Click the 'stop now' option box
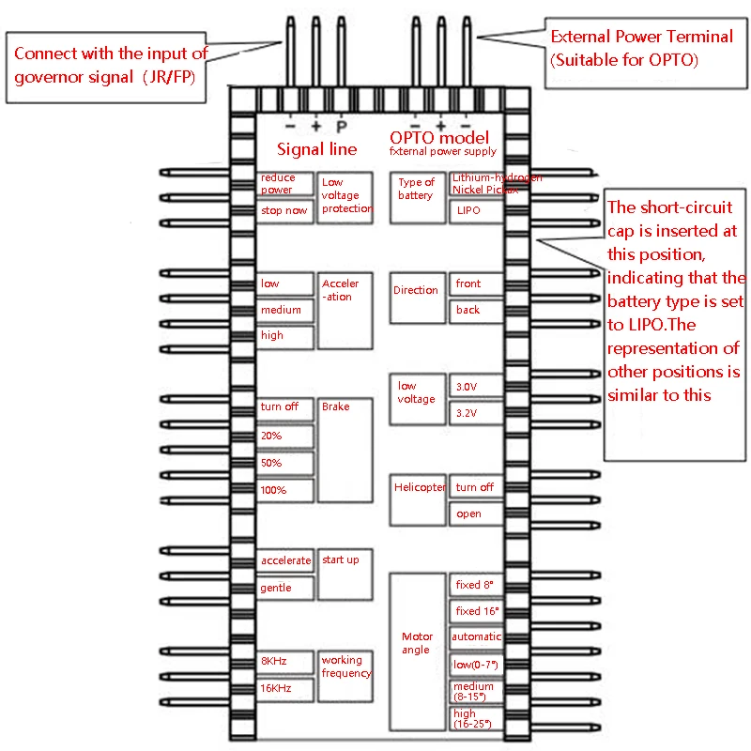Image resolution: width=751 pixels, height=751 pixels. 285,210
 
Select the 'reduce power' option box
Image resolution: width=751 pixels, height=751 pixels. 285,183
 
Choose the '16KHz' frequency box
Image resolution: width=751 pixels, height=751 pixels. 285,688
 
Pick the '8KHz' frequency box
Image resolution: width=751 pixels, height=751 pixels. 285,661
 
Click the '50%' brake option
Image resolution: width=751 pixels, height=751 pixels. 285,463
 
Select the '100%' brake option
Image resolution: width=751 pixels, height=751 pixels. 285,490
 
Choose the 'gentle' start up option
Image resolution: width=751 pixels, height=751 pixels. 285,588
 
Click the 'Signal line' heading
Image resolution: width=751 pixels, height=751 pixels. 316,149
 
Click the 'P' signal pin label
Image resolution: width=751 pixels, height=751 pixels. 341,126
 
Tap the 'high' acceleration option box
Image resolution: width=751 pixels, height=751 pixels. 285,335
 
